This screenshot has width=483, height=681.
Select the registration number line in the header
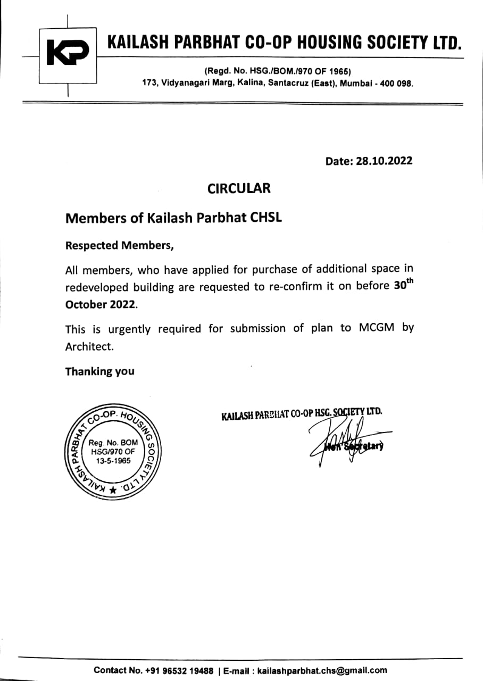(x=277, y=72)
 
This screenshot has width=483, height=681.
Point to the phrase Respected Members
(x=119, y=246)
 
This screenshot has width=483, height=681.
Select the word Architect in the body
(x=89, y=347)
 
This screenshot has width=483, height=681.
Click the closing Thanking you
(x=100, y=371)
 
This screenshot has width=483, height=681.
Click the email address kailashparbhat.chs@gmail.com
(x=322, y=670)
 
